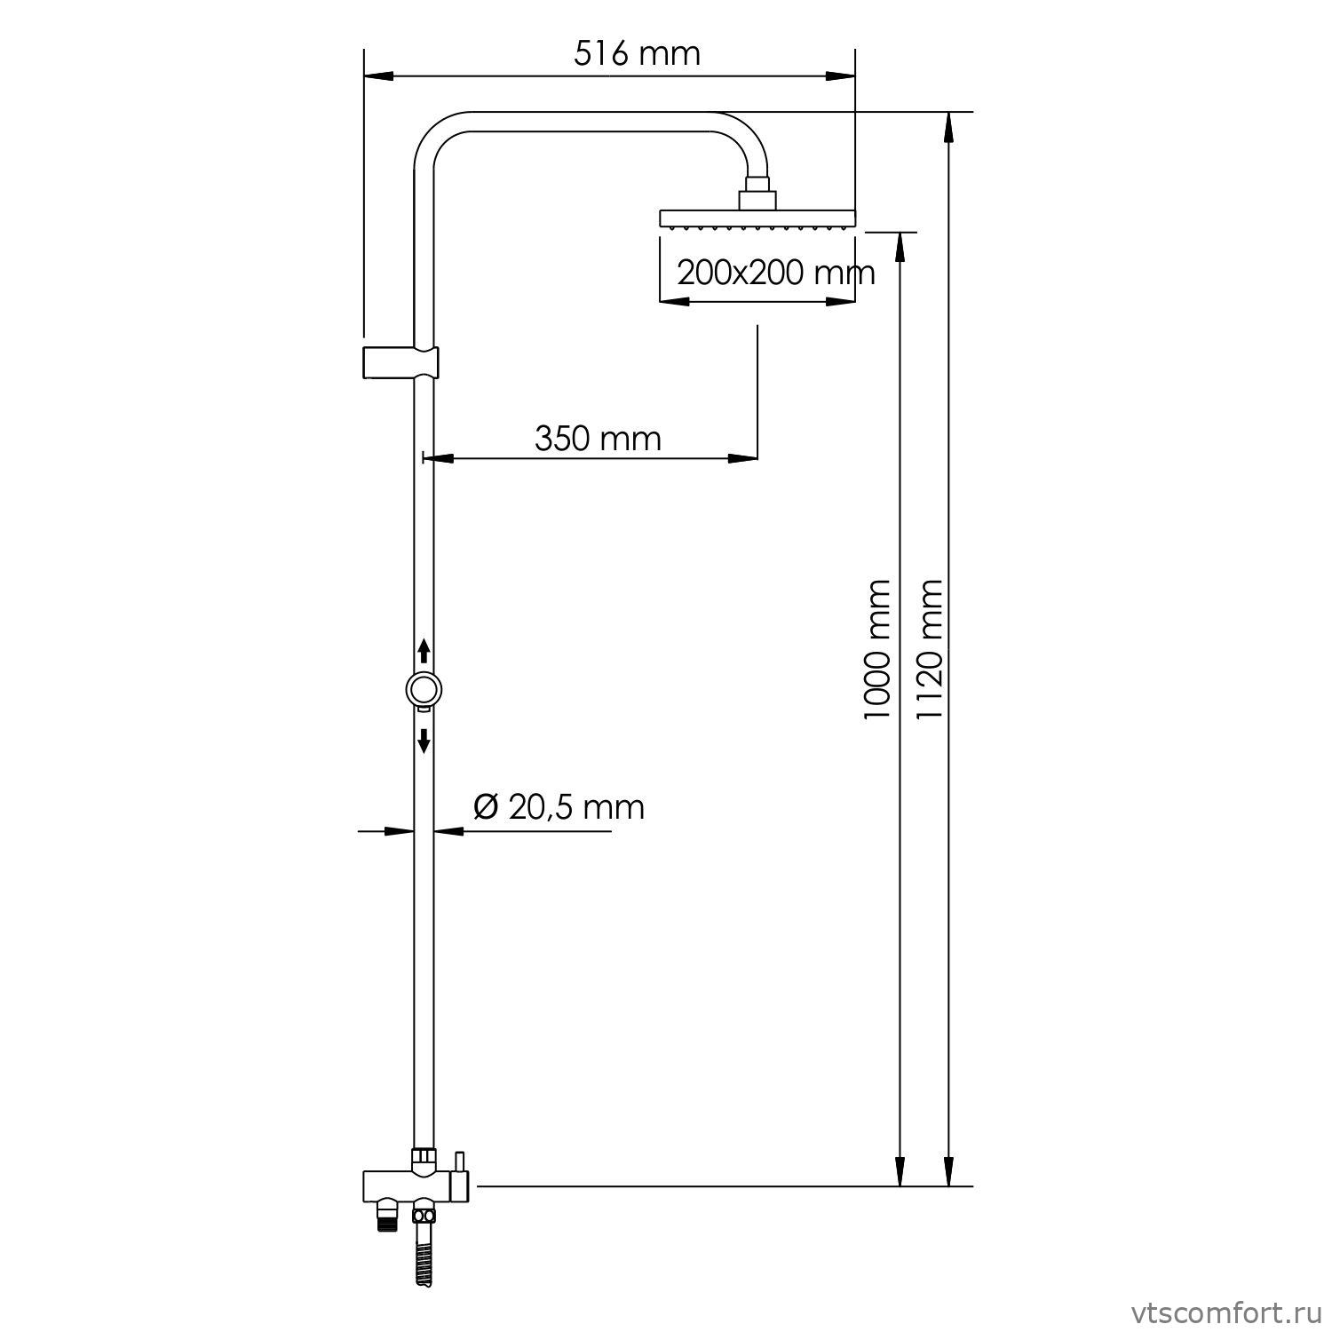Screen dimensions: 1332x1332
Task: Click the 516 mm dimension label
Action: (x=637, y=54)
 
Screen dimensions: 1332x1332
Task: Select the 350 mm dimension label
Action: (x=598, y=438)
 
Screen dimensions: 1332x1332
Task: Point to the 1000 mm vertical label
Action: (x=877, y=649)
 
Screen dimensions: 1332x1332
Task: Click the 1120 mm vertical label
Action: (x=929, y=649)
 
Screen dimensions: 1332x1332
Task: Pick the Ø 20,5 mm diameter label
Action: (x=559, y=806)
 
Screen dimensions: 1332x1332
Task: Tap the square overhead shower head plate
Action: (x=757, y=217)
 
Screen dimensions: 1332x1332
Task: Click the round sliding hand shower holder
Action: (x=424, y=690)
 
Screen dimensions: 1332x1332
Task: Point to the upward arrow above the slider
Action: (x=424, y=651)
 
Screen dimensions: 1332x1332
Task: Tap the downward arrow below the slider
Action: (x=424, y=740)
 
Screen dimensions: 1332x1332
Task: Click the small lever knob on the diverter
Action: (x=459, y=1163)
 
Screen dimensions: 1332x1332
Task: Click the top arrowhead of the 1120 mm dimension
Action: (x=948, y=126)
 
